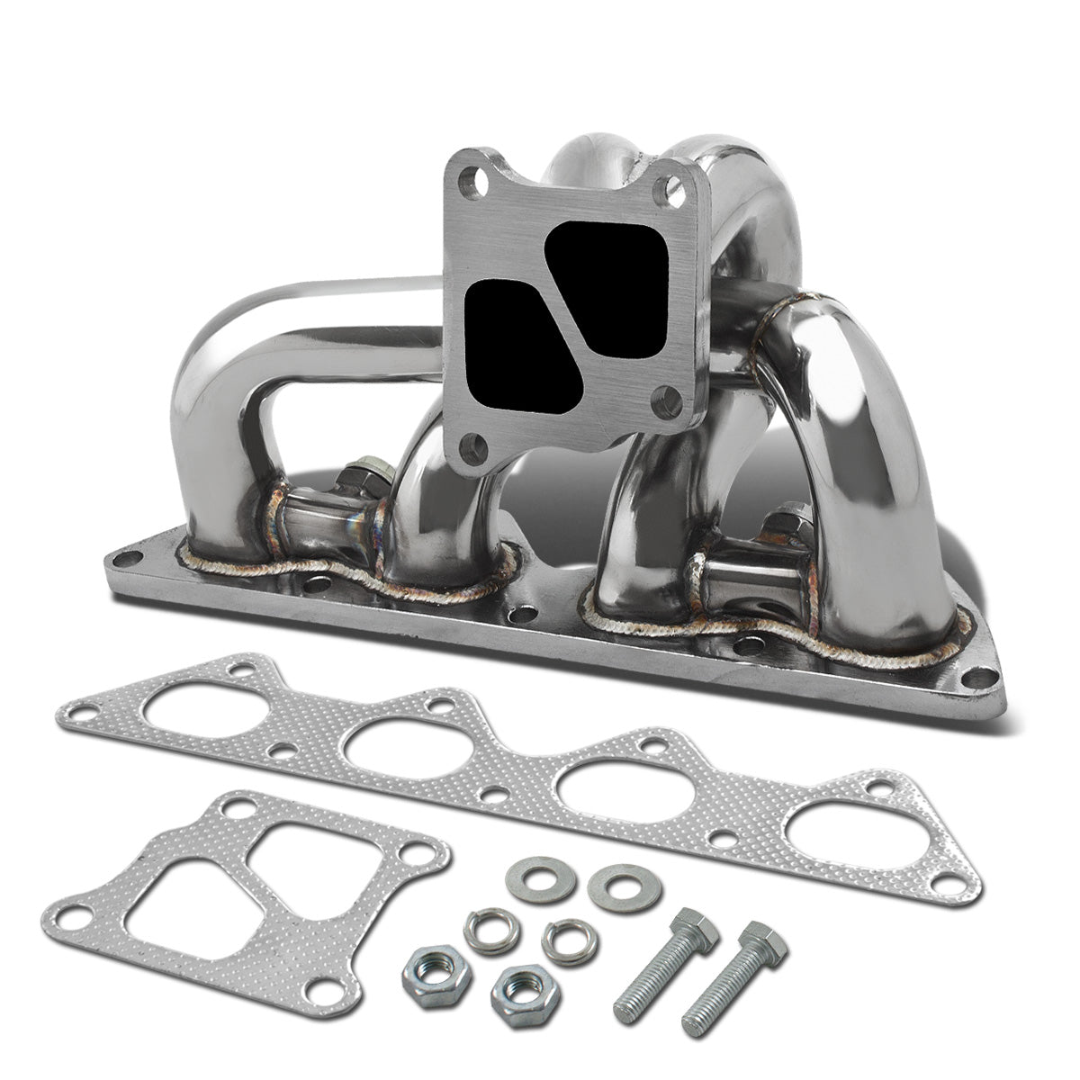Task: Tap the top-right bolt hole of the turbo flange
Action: pyautogui.click(x=669, y=189)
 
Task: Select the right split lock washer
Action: pyautogui.click(x=564, y=940)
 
